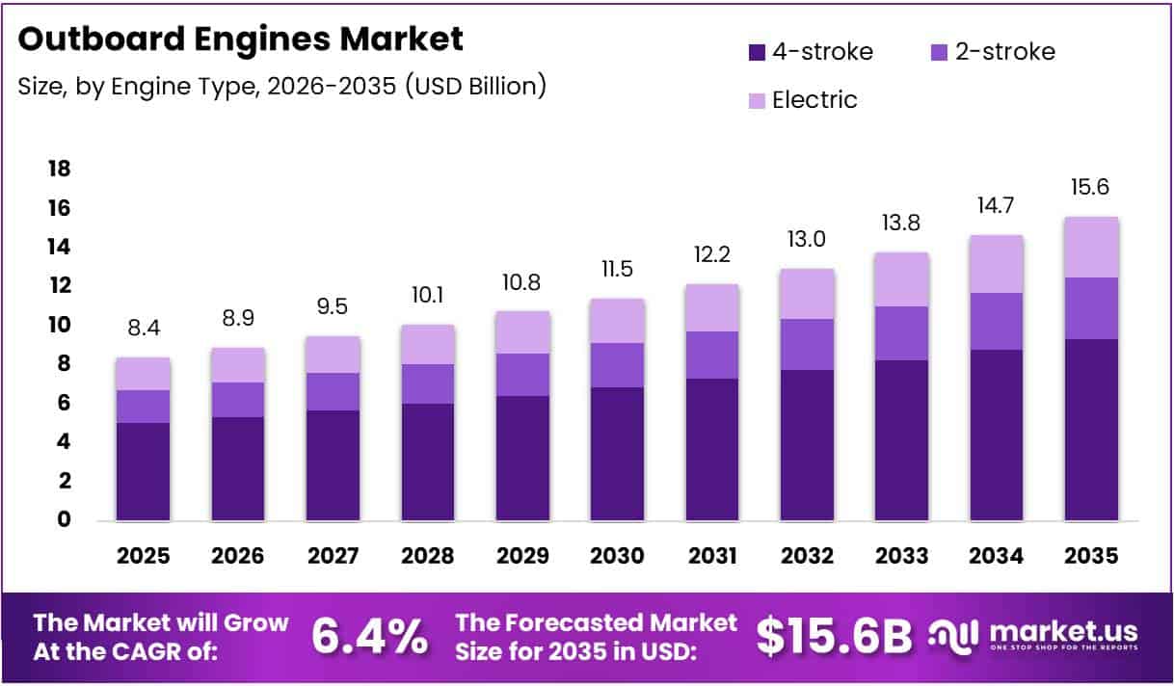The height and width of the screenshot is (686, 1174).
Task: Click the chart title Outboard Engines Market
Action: pos(241,39)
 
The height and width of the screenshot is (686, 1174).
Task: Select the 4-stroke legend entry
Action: pos(810,52)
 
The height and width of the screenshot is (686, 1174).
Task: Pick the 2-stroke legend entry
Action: pos(992,52)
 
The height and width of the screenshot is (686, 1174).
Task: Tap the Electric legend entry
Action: pos(801,99)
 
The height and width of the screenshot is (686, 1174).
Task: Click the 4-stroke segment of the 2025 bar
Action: pos(144,471)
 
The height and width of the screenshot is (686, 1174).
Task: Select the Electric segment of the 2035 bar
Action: pos(1091,248)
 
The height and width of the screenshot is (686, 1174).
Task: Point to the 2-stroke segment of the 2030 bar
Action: pos(617,365)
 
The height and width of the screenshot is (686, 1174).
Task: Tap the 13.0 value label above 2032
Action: pos(807,239)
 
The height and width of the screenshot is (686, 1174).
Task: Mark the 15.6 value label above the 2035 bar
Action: pos(1091,187)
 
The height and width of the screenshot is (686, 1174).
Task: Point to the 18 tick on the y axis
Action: pos(59,170)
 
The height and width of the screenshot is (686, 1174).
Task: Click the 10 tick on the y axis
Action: pos(59,326)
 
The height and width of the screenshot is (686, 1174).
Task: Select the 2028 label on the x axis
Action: pos(427,556)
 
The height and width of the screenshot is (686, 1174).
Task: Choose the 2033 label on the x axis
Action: pos(901,556)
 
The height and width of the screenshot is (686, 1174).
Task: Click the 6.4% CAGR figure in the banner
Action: pos(370,636)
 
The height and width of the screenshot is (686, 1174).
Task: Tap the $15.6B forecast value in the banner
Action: pos(834,636)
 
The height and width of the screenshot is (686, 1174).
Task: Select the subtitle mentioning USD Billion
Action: pos(282,86)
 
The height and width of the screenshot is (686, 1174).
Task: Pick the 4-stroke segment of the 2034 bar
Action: pos(997,435)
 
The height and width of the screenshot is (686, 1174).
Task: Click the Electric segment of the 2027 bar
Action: pos(334,355)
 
